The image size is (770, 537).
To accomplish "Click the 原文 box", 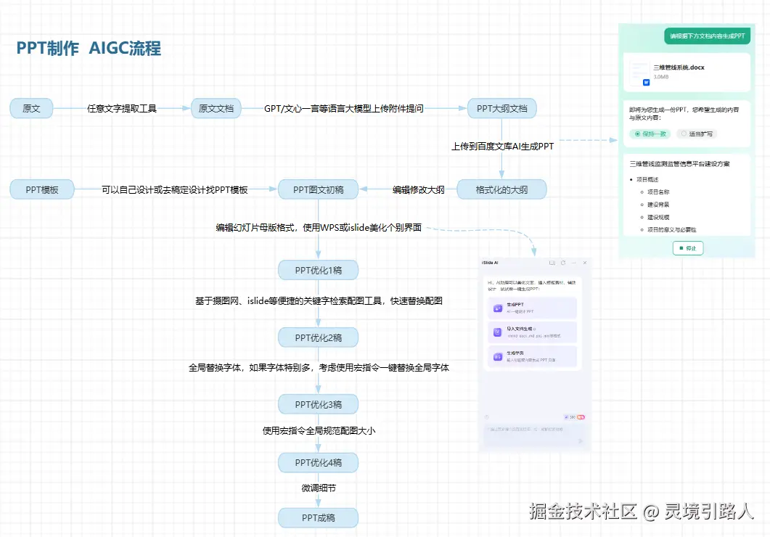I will (x=31, y=109).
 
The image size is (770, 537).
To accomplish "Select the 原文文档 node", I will (x=216, y=109).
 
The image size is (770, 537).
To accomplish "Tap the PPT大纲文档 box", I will (x=501, y=109).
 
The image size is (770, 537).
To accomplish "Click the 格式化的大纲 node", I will (x=501, y=190).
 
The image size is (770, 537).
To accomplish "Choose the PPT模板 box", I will (x=43, y=190).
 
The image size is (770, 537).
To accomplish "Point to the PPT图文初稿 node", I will (x=319, y=190).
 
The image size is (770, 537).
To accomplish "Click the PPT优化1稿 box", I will (x=319, y=271).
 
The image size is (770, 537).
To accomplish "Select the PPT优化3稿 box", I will (x=319, y=404).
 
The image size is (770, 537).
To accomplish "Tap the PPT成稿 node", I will (x=319, y=517).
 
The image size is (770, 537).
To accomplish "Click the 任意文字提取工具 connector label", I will (x=122, y=109).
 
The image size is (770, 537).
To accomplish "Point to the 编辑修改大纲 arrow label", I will (x=419, y=190).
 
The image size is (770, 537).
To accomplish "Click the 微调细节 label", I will (x=319, y=488).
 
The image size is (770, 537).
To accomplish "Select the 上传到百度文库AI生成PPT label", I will (x=502, y=147).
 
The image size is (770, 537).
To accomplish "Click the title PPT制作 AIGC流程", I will (x=89, y=49).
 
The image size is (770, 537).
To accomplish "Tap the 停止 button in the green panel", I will (x=687, y=248).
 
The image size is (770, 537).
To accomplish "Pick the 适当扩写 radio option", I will (x=697, y=134).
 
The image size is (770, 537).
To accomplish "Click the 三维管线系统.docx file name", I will (x=679, y=67).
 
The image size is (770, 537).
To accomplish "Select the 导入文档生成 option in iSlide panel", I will (x=533, y=332).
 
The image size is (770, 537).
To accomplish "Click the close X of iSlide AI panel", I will (x=585, y=262).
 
